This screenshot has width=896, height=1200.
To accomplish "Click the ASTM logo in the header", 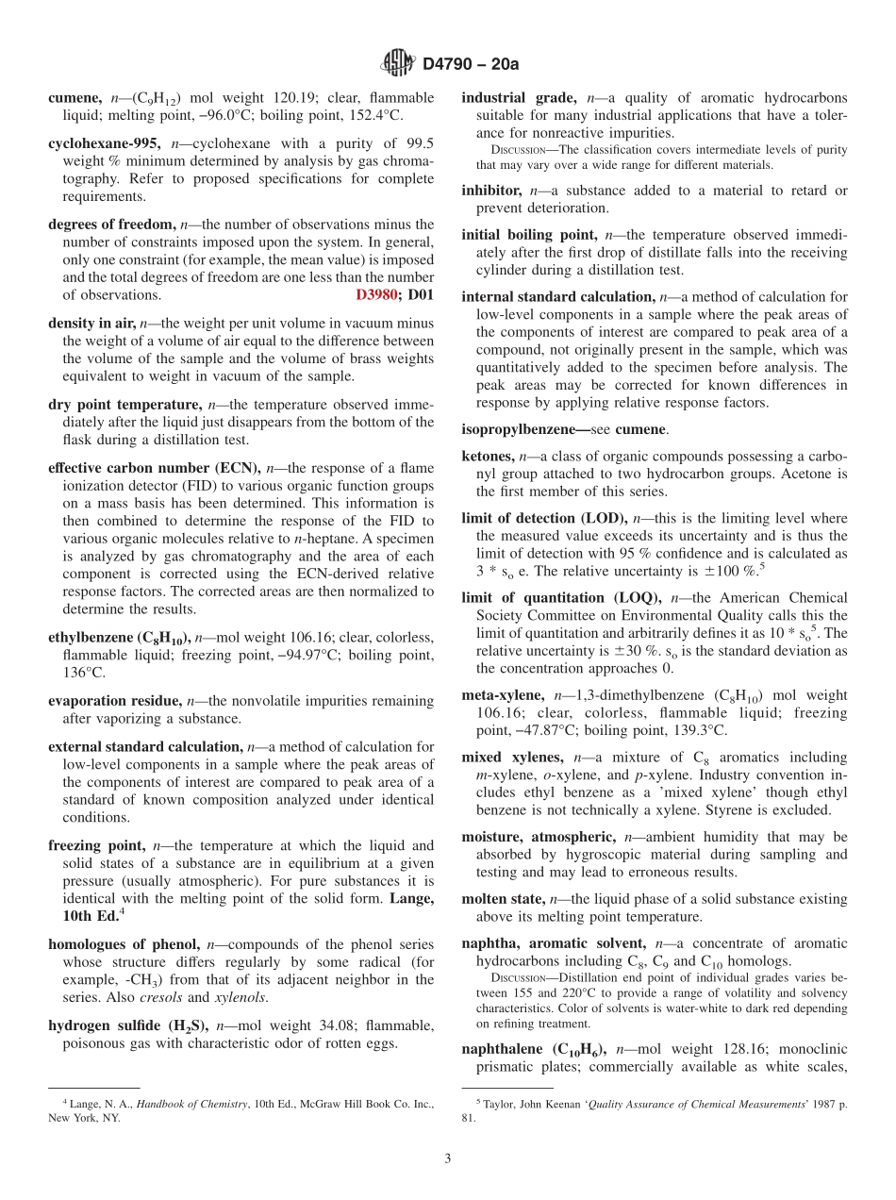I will tap(397, 64).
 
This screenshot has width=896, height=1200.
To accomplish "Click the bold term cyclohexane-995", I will tap(104, 144).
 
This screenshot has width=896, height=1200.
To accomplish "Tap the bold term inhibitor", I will tap(490, 191).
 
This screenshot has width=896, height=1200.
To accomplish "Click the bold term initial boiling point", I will tap(528, 235).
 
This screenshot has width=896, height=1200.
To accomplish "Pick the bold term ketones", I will tap(487, 457).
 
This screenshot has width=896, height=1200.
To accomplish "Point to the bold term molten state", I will tap(503, 899).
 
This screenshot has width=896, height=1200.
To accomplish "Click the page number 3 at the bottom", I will tap(448, 1158).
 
